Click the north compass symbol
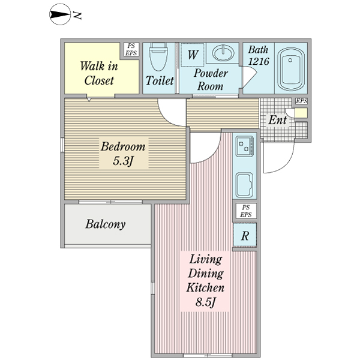(x=60, y=14)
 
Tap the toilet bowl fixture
(x=158, y=57)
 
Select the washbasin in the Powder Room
(x=223, y=53)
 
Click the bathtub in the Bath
(x=291, y=68)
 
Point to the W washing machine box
(x=193, y=55)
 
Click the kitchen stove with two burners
(x=245, y=146)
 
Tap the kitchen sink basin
(x=245, y=185)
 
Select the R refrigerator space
(x=245, y=235)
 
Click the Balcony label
(x=106, y=224)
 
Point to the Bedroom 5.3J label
(x=123, y=154)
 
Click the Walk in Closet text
(x=99, y=73)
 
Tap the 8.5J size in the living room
(x=206, y=302)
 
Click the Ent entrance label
(x=278, y=120)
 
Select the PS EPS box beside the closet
(x=131, y=49)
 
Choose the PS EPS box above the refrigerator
(x=245, y=211)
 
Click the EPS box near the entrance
(x=301, y=101)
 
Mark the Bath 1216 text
(x=259, y=55)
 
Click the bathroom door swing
(x=250, y=77)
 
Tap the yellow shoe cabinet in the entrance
(x=301, y=113)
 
